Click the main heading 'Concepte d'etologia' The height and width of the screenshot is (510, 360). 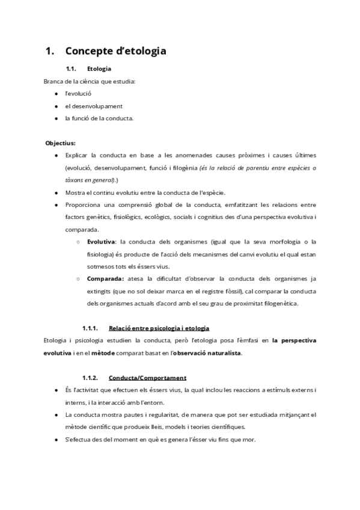click(115, 51)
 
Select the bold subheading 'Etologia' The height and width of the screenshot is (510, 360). click(99, 69)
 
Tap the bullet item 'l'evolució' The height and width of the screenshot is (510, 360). click(78, 94)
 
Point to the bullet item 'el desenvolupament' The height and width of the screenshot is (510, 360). click(94, 106)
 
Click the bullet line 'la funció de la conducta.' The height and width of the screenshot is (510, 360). click(99, 118)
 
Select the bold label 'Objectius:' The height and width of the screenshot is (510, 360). click(60, 143)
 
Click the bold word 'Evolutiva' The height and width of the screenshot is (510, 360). click(101, 241)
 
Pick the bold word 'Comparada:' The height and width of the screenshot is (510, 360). click(105, 278)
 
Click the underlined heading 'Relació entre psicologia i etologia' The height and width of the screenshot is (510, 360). click(159, 328)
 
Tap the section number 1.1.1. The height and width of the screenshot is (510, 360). click(90, 328)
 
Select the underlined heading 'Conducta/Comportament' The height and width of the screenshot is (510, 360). click(147, 378)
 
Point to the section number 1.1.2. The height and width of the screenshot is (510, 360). click(90, 378)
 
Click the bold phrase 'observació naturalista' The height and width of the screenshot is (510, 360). click(207, 352)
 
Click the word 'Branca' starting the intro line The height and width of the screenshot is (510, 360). click(53, 81)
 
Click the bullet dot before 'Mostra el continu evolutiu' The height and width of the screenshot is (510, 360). click(56, 192)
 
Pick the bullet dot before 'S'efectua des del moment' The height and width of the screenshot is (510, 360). click(56, 440)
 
